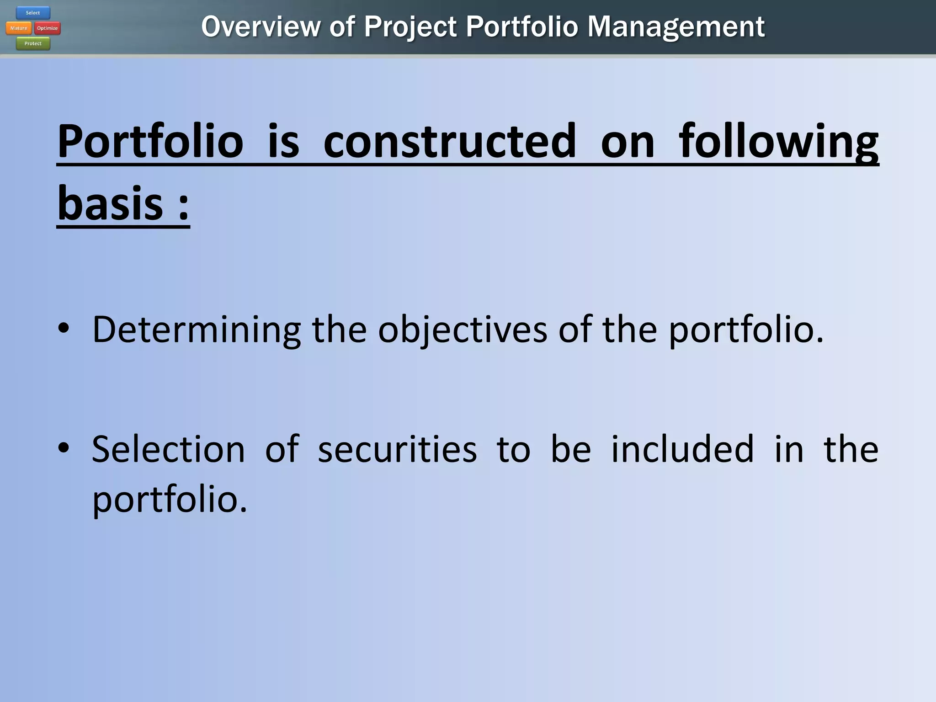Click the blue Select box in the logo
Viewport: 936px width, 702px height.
(33, 13)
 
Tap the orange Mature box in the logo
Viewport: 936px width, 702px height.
(19, 28)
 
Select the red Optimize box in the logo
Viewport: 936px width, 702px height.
(48, 28)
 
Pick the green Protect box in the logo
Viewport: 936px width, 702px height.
(33, 43)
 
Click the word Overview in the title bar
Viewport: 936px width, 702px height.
(261, 27)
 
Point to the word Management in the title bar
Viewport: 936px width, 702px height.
(675, 27)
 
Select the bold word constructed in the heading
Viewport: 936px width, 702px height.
(450, 141)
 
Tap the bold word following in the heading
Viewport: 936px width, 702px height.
(778, 141)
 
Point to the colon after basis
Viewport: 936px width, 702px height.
(183, 206)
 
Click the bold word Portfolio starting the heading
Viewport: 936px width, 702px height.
(150, 141)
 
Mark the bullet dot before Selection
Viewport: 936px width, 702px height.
(64, 448)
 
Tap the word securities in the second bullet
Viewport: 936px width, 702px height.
(397, 449)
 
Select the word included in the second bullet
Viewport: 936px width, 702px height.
(682, 449)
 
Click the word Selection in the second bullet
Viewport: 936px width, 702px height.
(168, 449)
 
